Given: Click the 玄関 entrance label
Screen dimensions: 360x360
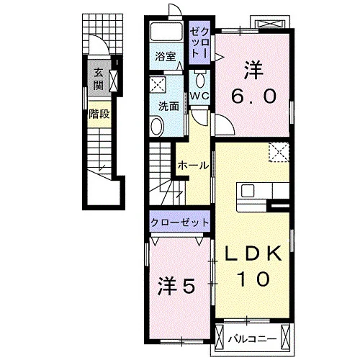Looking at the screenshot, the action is click(99, 78).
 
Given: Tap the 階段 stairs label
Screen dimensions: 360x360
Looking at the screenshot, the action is click(99, 114).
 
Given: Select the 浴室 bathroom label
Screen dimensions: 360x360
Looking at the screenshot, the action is click(166, 56).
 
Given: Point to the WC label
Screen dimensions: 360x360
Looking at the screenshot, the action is click(199, 96).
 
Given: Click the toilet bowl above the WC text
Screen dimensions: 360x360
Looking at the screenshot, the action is click(199, 80).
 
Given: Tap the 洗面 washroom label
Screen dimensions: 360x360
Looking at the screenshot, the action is click(168, 107).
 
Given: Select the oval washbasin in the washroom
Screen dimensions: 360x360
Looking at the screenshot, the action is click(157, 126).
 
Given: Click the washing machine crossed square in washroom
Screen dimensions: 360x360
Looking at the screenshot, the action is click(158, 84).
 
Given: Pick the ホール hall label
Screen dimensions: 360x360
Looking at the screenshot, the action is click(194, 166).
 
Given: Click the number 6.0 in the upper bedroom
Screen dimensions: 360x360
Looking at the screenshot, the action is click(253, 96).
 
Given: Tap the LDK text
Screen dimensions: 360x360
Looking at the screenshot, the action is click(253, 253).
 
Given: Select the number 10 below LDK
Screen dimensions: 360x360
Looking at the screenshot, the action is click(253, 279).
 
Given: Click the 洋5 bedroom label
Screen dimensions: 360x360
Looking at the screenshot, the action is click(176, 287).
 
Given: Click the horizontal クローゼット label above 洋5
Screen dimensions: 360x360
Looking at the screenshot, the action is click(180, 222).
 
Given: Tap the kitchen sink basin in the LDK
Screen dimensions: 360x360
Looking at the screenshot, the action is click(248, 192).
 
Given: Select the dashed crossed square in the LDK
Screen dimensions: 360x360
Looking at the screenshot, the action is click(279, 152).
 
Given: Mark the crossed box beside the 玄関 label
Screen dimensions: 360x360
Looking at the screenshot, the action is click(114, 81).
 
